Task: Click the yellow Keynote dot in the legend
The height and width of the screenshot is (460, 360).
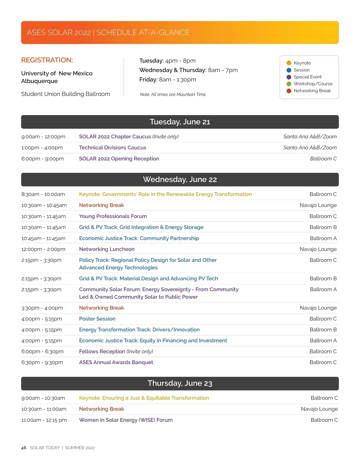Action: [x=289, y=63]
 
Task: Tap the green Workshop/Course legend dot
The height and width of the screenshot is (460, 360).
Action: [x=289, y=84]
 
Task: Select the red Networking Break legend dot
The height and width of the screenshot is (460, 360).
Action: [x=289, y=91]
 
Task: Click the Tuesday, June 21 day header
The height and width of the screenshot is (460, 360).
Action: [x=180, y=122]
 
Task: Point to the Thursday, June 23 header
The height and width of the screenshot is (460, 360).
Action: [x=180, y=383]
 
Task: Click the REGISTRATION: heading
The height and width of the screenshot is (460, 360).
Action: [x=47, y=60]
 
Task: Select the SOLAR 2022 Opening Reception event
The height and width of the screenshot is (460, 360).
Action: [x=119, y=159]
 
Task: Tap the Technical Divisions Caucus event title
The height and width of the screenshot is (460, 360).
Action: [x=112, y=148]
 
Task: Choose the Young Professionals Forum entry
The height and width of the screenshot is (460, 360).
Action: [x=113, y=216]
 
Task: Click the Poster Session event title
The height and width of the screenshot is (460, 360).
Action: [x=97, y=319]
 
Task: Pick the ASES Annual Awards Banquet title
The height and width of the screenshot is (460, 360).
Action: [x=116, y=362]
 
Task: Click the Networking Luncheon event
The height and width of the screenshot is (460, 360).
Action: [x=107, y=249]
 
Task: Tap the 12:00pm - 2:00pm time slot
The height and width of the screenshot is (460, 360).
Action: [x=43, y=249]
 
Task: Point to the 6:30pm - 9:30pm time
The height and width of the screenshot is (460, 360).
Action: [x=42, y=362]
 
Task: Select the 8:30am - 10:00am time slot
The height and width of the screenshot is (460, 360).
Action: [x=43, y=194]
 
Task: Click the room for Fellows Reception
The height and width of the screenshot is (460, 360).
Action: [x=323, y=352]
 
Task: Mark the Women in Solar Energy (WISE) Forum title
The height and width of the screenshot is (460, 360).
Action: [x=126, y=420]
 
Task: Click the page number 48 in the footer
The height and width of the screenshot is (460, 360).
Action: [x=24, y=448]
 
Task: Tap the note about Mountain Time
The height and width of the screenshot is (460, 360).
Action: [x=173, y=94]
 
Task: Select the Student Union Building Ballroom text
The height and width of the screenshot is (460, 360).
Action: [x=66, y=94]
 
